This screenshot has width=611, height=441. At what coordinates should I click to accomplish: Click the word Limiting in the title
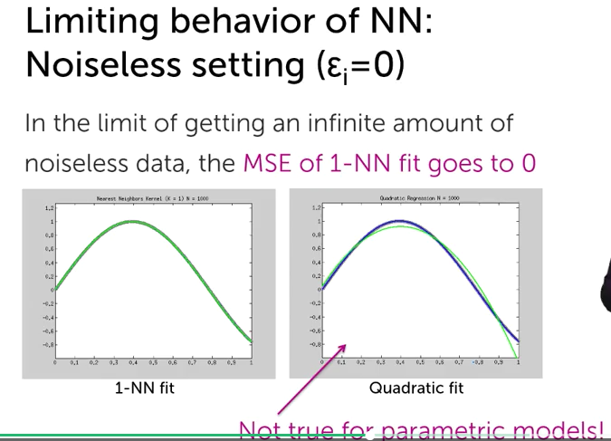pos(74,22)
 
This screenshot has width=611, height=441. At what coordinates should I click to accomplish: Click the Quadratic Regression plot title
pos(420,197)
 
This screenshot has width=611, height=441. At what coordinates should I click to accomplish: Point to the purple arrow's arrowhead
pos(345,347)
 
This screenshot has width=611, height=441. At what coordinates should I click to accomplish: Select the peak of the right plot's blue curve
pos(399,221)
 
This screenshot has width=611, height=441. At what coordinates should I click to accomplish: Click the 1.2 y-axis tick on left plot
pos(49,207)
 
